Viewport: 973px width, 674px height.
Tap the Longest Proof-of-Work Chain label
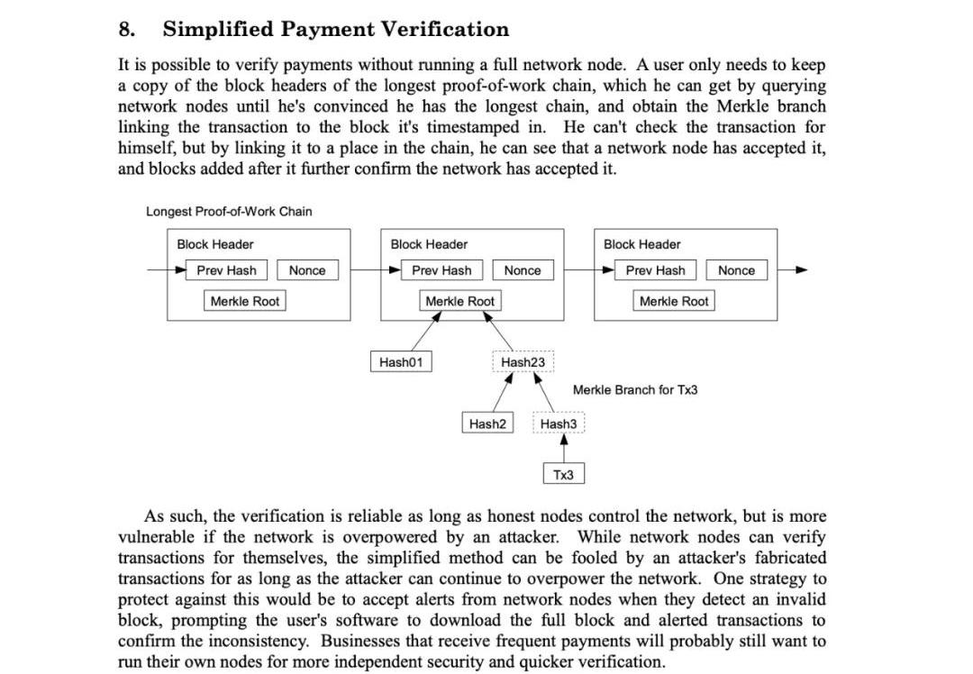(229, 212)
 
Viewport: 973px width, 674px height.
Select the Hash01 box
(401, 362)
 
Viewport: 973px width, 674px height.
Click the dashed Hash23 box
(523, 362)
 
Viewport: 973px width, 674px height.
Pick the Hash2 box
(487, 424)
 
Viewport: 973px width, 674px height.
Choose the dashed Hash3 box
(559, 424)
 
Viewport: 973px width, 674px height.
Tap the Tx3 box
(563, 474)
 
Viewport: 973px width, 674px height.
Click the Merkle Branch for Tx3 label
(635, 390)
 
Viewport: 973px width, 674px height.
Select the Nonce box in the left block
(307, 270)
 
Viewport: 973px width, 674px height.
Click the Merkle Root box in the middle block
(459, 301)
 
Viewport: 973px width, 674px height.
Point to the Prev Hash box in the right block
(655, 270)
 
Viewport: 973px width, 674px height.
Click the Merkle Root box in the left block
(245, 301)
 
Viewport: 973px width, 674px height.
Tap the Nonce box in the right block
(736, 270)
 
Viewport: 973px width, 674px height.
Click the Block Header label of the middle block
(429, 244)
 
